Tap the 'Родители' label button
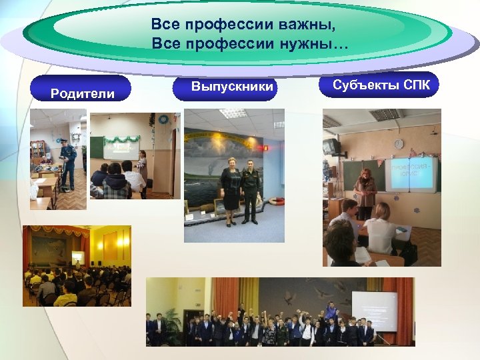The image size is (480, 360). [83, 93]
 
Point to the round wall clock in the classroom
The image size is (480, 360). [398, 144]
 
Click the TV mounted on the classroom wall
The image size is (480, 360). [331, 146]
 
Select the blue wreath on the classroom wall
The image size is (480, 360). [163, 119]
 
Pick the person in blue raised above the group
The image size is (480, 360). [329, 309]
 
